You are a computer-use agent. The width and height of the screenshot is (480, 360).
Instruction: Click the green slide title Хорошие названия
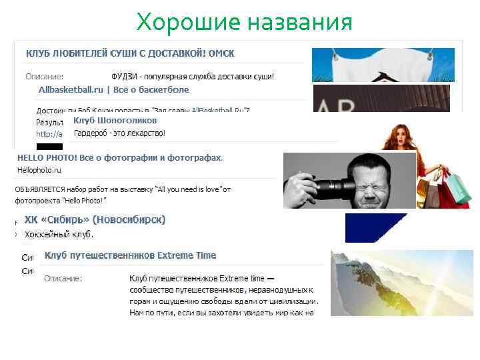(244, 23)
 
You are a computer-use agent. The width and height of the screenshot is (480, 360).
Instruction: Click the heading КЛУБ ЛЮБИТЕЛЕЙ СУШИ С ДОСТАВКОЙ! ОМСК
(130, 53)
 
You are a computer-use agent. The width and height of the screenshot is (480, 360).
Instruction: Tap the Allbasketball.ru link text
(71, 89)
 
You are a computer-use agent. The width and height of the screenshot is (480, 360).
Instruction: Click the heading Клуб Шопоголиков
(115, 121)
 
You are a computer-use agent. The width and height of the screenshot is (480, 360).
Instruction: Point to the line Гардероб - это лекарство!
(119, 133)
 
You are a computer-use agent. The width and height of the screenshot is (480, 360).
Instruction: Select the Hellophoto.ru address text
(39, 171)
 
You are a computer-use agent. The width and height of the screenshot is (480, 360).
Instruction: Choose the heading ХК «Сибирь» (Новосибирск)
(95, 219)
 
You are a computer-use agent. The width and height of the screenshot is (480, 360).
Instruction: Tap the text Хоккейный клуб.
(59, 235)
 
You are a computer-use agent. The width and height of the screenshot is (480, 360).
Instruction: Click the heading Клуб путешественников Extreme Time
(130, 255)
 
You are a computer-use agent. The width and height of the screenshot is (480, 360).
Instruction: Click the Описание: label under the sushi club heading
(45, 77)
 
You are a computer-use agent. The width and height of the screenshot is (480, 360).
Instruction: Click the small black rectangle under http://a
(49, 146)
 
